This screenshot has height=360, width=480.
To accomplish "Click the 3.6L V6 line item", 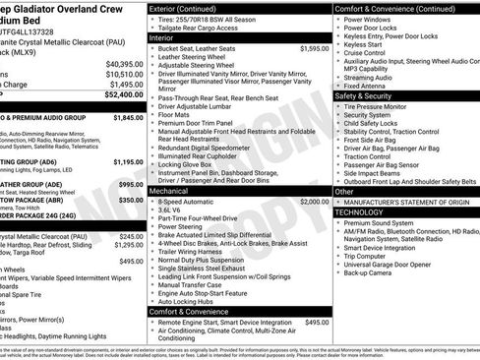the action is [170, 210].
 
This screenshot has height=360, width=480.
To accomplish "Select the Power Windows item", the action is [369, 19].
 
